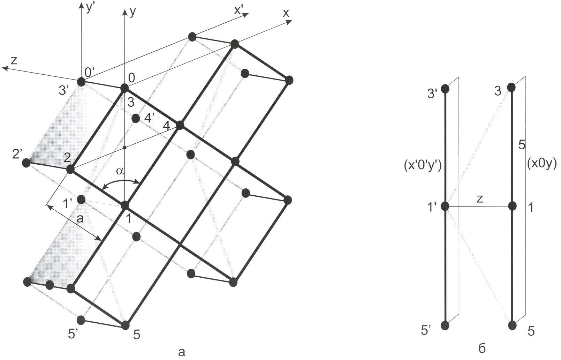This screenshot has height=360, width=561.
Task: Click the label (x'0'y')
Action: click(x=423, y=167)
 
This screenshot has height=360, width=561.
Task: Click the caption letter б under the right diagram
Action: click(x=482, y=348)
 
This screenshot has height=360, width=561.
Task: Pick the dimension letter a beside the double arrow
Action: click(x=79, y=219)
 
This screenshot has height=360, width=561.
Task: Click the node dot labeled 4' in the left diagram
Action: click(x=136, y=118)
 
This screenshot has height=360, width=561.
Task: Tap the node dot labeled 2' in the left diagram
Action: click(x=26, y=163)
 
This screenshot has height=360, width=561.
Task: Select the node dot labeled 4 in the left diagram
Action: click(x=180, y=125)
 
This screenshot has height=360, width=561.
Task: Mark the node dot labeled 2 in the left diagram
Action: click(x=70, y=169)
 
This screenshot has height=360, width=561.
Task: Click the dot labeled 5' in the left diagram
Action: click(x=81, y=320)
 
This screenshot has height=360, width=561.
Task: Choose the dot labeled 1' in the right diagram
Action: click(x=445, y=207)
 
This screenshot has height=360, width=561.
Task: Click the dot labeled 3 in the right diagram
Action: click(x=511, y=87)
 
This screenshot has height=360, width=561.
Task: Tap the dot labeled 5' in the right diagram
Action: click(x=445, y=325)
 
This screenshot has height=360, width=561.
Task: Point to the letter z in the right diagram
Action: click(x=479, y=200)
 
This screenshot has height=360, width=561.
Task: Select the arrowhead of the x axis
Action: click(x=289, y=22)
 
